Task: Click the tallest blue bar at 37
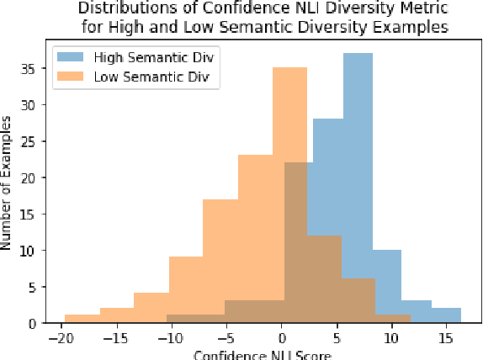[x=358, y=168]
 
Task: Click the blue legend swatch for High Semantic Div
[x=72, y=58]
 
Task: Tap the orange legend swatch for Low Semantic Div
[x=72, y=79]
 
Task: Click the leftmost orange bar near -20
[x=82, y=319]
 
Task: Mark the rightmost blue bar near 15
[x=447, y=315]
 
